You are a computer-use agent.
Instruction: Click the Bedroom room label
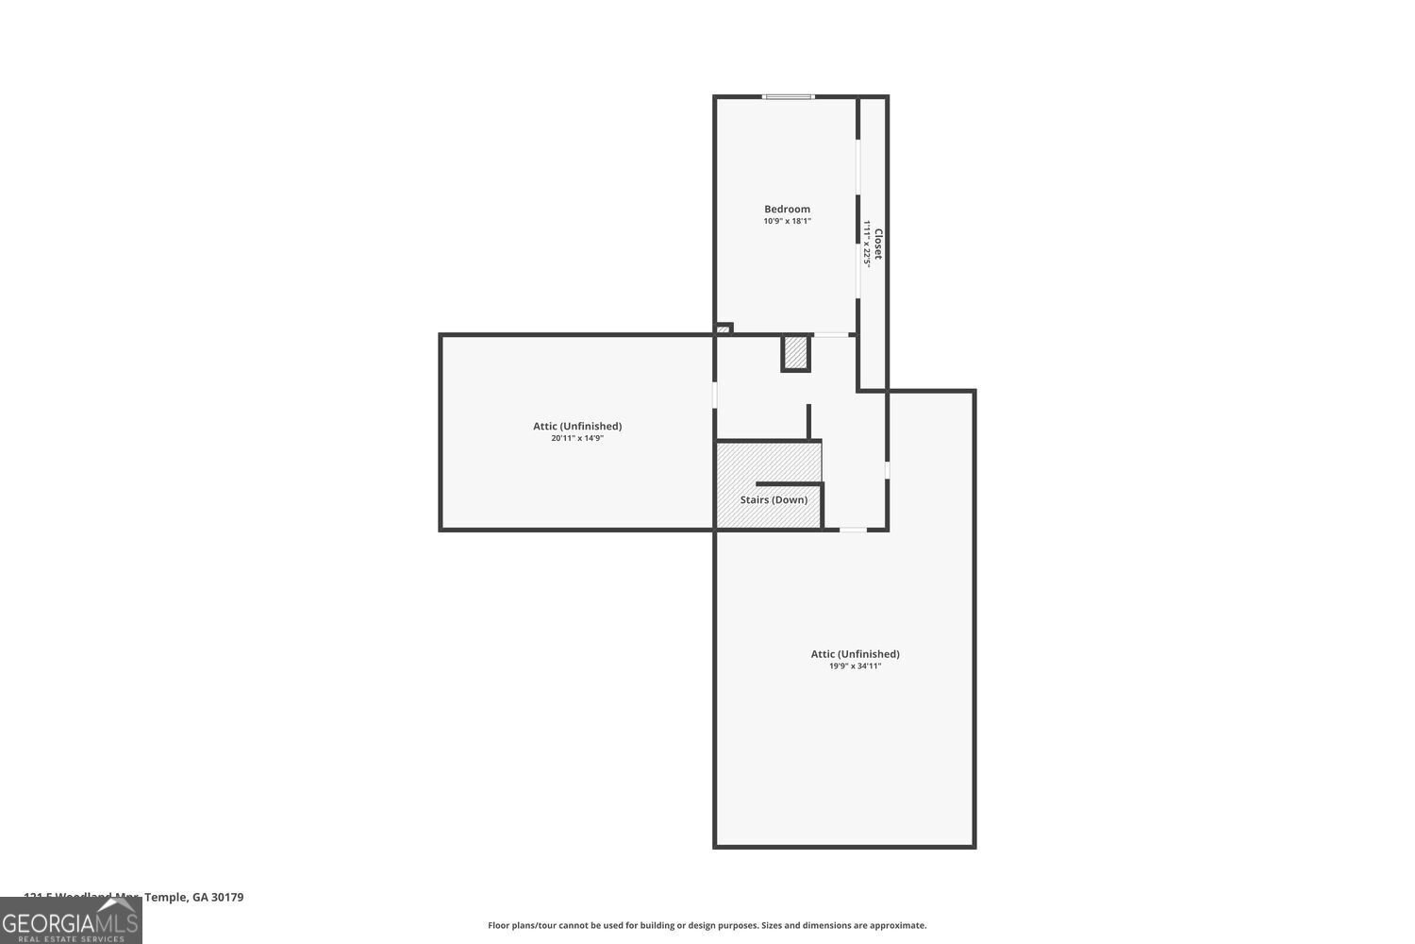[x=787, y=209]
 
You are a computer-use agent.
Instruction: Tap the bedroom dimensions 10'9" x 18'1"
[x=787, y=221]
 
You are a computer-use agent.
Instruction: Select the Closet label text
[x=878, y=244]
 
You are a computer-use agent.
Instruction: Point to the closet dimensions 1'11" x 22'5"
[x=866, y=244]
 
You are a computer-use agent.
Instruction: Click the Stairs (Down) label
[x=774, y=499]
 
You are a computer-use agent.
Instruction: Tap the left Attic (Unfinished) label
[x=577, y=426]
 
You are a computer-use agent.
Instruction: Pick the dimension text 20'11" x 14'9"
[x=577, y=438]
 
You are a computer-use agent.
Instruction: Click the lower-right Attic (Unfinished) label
[x=855, y=653]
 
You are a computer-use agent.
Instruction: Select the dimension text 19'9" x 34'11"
[x=855, y=666]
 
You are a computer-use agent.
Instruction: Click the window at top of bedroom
[x=789, y=96]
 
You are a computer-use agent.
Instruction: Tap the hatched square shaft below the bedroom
[x=795, y=353]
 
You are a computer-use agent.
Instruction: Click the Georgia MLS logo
[x=71, y=920]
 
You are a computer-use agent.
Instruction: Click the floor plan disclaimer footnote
[x=707, y=925]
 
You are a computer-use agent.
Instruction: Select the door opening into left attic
[x=715, y=395]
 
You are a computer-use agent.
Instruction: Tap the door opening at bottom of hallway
[x=853, y=530]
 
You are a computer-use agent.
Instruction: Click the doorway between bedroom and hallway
[x=830, y=334]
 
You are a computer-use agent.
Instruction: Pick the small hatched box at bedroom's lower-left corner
[x=724, y=329]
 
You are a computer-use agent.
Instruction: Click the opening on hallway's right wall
[x=887, y=469]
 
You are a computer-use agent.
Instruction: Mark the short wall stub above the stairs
[x=808, y=421]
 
